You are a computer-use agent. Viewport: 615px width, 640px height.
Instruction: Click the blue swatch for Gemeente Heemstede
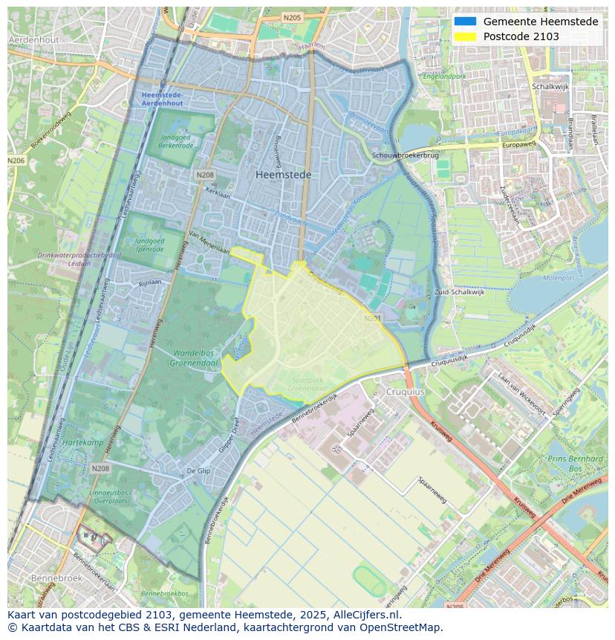[466, 22]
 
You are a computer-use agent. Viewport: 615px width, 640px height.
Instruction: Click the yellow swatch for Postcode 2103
[466, 36]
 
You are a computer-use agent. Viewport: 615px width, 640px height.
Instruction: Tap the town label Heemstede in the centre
[283, 175]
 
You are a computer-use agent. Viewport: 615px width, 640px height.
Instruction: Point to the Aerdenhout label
[33, 39]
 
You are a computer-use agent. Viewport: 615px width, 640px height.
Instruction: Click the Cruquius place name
[404, 391]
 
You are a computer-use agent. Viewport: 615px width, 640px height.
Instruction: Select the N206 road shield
[16, 161]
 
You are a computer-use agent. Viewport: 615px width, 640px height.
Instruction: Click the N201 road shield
[372, 319]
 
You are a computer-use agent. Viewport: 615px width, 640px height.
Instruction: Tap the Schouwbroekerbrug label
[406, 155]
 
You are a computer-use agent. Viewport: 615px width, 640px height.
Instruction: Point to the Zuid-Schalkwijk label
[460, 292]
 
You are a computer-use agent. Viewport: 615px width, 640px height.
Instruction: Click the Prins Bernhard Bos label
[575, 464]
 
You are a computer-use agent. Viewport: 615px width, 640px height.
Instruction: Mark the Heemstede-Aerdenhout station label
[162, 99]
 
